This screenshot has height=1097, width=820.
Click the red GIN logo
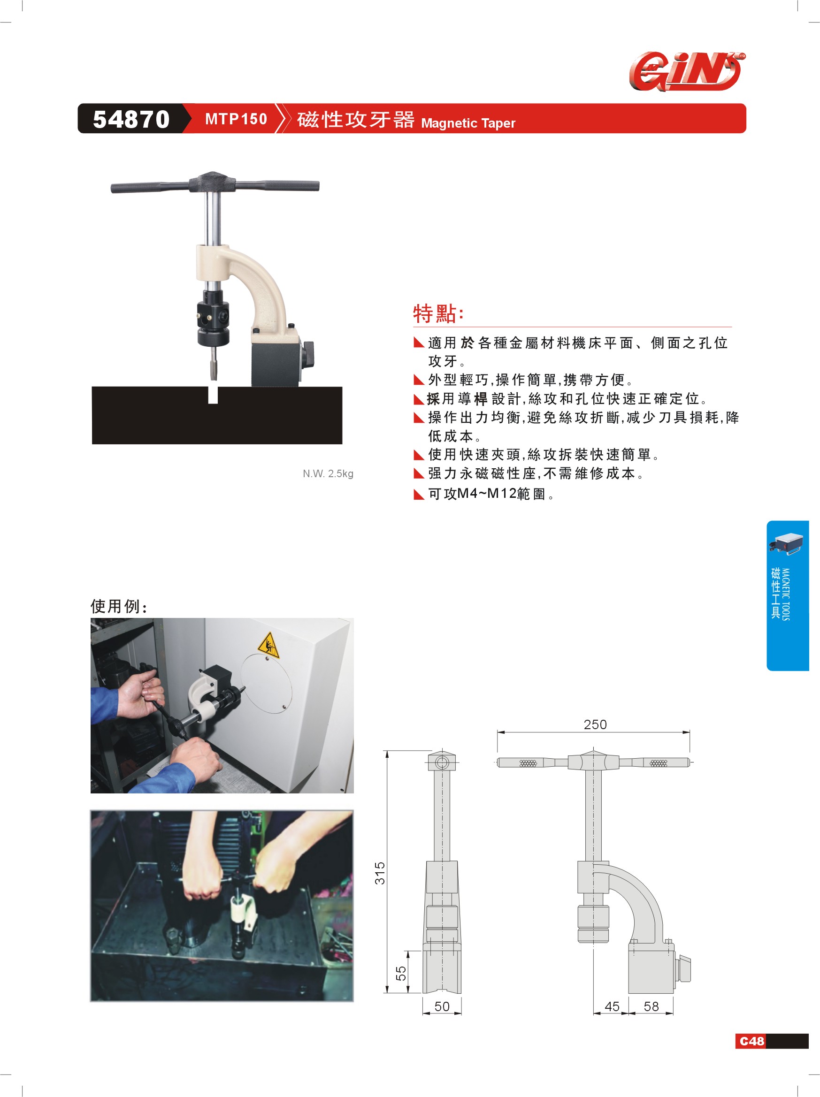pyautogui.click(x=687, y=72)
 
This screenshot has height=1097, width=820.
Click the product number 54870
pyautogui.click(x=131, y=119)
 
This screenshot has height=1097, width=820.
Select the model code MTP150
pyautogui.click(x=236, y=119)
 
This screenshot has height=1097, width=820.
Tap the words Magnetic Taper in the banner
pyautogui.click(x=468, y=123)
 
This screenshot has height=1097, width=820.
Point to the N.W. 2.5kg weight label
pyautogui.click(x=328, y=473)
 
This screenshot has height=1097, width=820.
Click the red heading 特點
pyautogui.click(x=438, y=313)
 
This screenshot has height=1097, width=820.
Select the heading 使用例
pyautogui.click(x=119, y=606)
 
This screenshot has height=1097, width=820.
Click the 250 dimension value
pyautogui.click(x=595, y=724)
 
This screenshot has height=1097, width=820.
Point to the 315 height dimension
pyautogui.click(x=380, y=873)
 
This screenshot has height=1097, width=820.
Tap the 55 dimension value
pyautogui.click(x=401, y=973)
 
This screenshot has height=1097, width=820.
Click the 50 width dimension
pyautogui.click(x=442, y=1006)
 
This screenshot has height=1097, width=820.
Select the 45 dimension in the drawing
pyautogui.click(x=612, y=1006)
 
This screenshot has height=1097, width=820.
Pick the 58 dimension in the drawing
pyautogui.click(x=651, y=1006)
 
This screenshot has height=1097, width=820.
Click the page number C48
pyautogui.click(x=751, y=1041)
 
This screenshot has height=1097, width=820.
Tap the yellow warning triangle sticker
pyautogui.click(x=268, y=645)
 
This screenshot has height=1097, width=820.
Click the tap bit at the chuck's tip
pyautogui.click(x=213, y=364)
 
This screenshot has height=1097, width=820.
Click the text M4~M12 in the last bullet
pyautogui.click(x=486, y=494)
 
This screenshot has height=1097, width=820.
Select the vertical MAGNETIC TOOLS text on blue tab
pyautogui.click(x=786, y=594)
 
